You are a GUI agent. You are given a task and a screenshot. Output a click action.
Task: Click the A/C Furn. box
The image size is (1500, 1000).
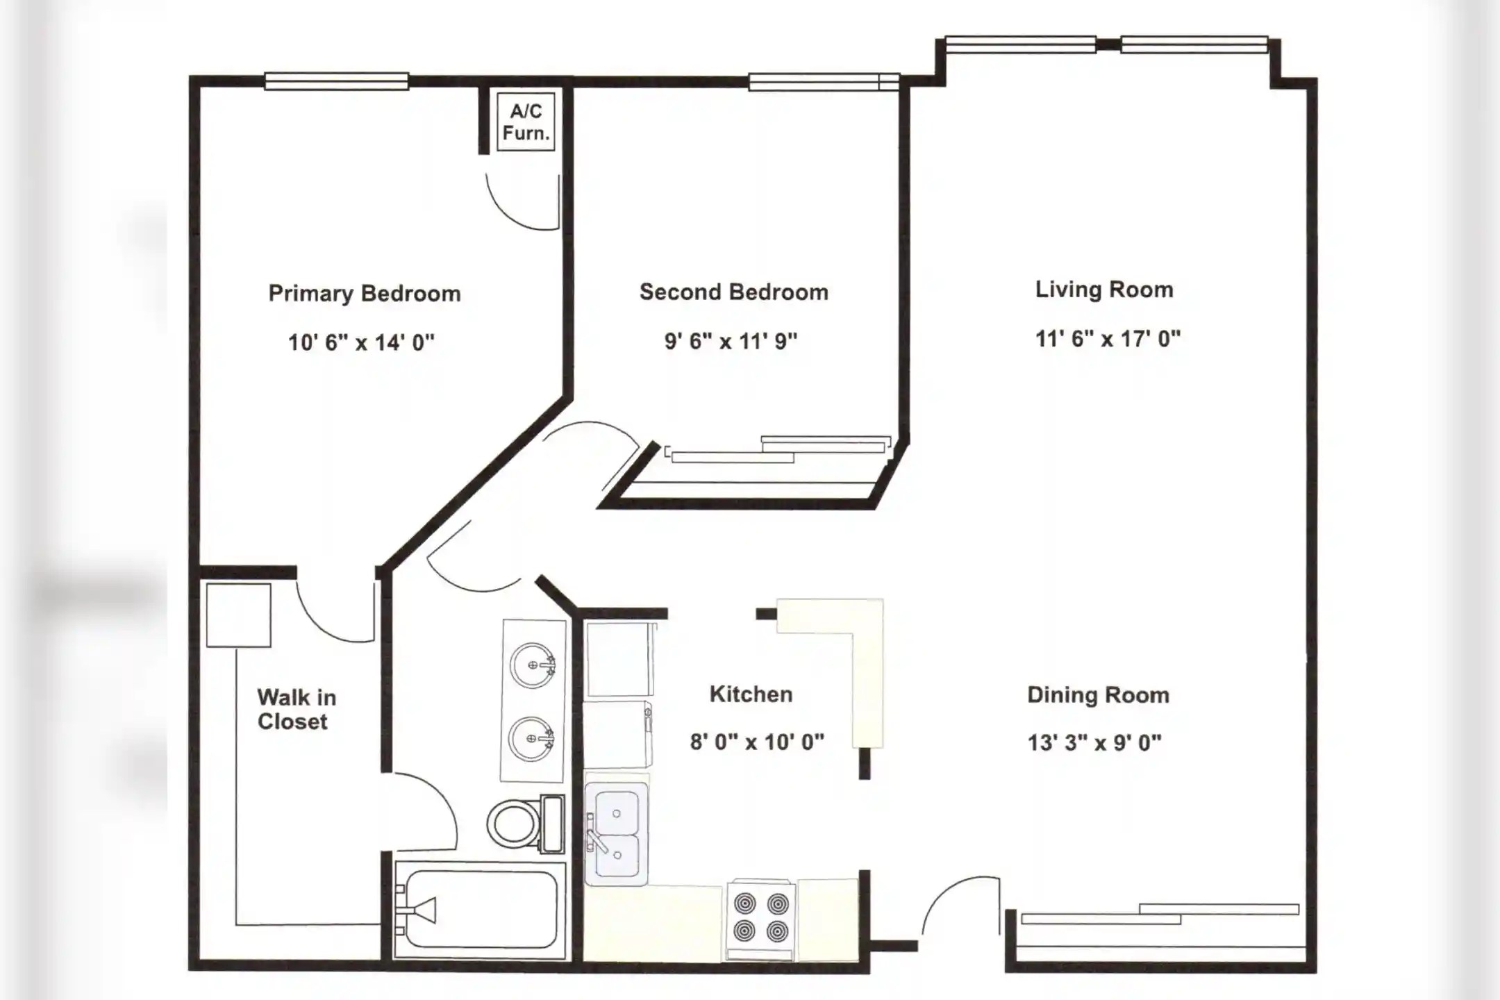point(526,122)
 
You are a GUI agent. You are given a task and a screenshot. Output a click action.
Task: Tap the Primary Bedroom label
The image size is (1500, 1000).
point(365,294)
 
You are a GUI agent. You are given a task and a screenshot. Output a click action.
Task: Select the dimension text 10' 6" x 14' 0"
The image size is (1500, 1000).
point(361,342)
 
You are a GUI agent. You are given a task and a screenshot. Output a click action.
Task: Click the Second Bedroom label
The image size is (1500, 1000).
point(734,292)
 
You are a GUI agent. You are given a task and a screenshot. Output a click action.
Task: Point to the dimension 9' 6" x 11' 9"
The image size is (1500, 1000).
point(731,341)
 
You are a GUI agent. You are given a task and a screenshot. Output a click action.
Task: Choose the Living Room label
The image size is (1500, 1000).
point(1104,290)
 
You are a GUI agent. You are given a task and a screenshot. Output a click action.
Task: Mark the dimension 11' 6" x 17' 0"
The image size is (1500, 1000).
point(1108,338)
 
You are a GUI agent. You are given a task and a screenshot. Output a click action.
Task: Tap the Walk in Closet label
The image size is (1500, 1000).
point(297,709)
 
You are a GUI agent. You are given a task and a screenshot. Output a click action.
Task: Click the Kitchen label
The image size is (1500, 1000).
point(751,694)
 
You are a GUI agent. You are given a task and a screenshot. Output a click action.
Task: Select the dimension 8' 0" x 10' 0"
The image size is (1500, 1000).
point(757,742)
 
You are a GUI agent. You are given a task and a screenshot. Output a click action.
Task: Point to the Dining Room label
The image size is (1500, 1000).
point(1098,695)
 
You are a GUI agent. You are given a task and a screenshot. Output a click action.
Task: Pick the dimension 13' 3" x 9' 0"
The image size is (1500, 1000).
point(1094,743)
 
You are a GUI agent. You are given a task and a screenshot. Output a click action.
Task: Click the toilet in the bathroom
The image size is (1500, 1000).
point(526,824)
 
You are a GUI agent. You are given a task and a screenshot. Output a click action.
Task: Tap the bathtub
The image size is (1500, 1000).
point(480,910)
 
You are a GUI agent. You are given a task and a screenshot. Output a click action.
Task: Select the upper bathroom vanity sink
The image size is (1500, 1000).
point(533,665)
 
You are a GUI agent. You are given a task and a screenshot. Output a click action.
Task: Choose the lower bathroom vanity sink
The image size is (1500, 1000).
point(531,739)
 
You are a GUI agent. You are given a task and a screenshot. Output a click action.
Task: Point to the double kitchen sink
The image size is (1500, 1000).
point(617,834)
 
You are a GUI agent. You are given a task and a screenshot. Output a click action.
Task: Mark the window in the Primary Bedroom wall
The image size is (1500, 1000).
point(336,81)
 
